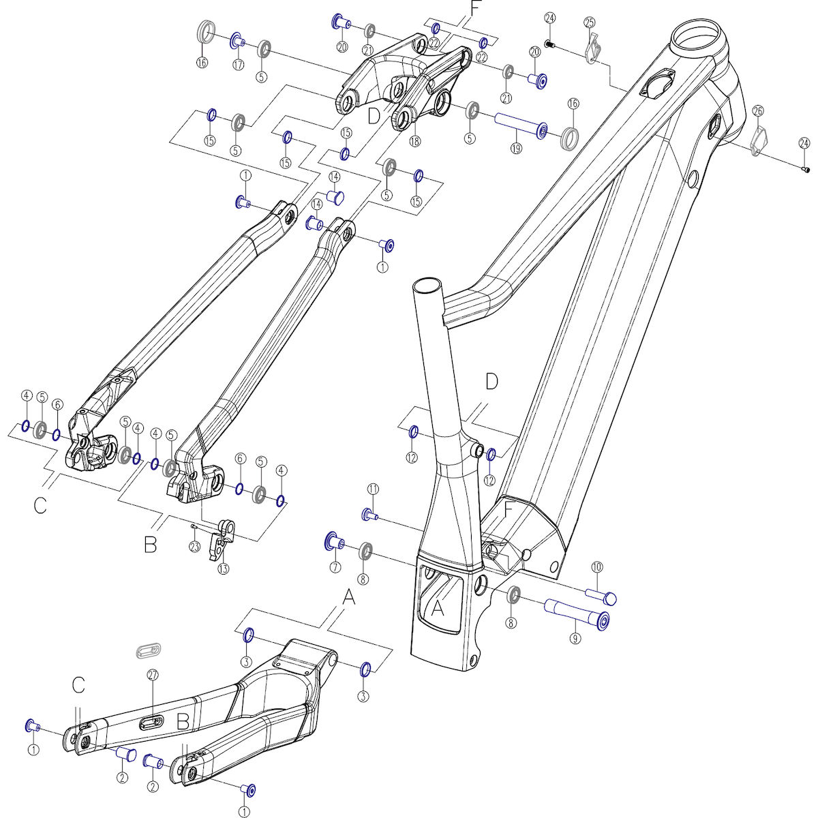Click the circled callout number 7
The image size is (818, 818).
click(335, 566)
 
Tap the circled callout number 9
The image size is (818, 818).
click(575, 639)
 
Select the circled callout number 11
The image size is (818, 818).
click(372, 488)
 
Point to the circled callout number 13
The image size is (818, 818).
click(224, 569)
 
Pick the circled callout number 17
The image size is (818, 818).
click(238, 65)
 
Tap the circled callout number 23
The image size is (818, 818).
click(195, 546)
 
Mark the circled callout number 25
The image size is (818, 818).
click(590, 22)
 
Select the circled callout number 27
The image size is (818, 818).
click(153, 675)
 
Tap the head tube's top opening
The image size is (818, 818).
click(697, 37)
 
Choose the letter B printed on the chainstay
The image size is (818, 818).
click(183, 722)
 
